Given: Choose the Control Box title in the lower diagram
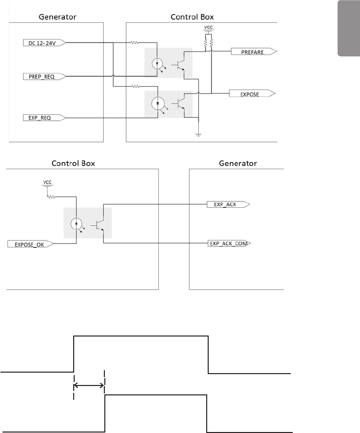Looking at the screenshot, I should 73,163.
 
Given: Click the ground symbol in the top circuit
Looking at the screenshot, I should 198,134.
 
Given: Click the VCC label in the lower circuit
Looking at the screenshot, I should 48,182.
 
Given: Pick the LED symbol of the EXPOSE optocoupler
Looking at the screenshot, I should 158,104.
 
